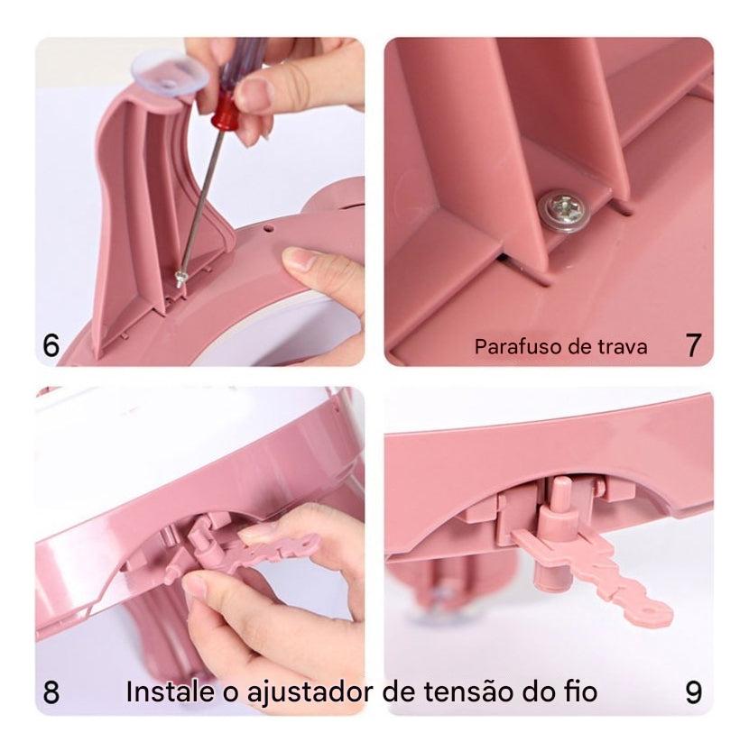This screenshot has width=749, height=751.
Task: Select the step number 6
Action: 52,346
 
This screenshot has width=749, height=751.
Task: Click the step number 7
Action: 693,346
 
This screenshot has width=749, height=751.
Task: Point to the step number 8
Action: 52,692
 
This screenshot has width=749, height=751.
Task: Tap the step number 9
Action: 693,692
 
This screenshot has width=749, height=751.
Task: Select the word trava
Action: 622,347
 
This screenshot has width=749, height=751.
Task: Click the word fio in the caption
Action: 578,692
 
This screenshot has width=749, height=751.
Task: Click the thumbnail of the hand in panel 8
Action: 195,585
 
